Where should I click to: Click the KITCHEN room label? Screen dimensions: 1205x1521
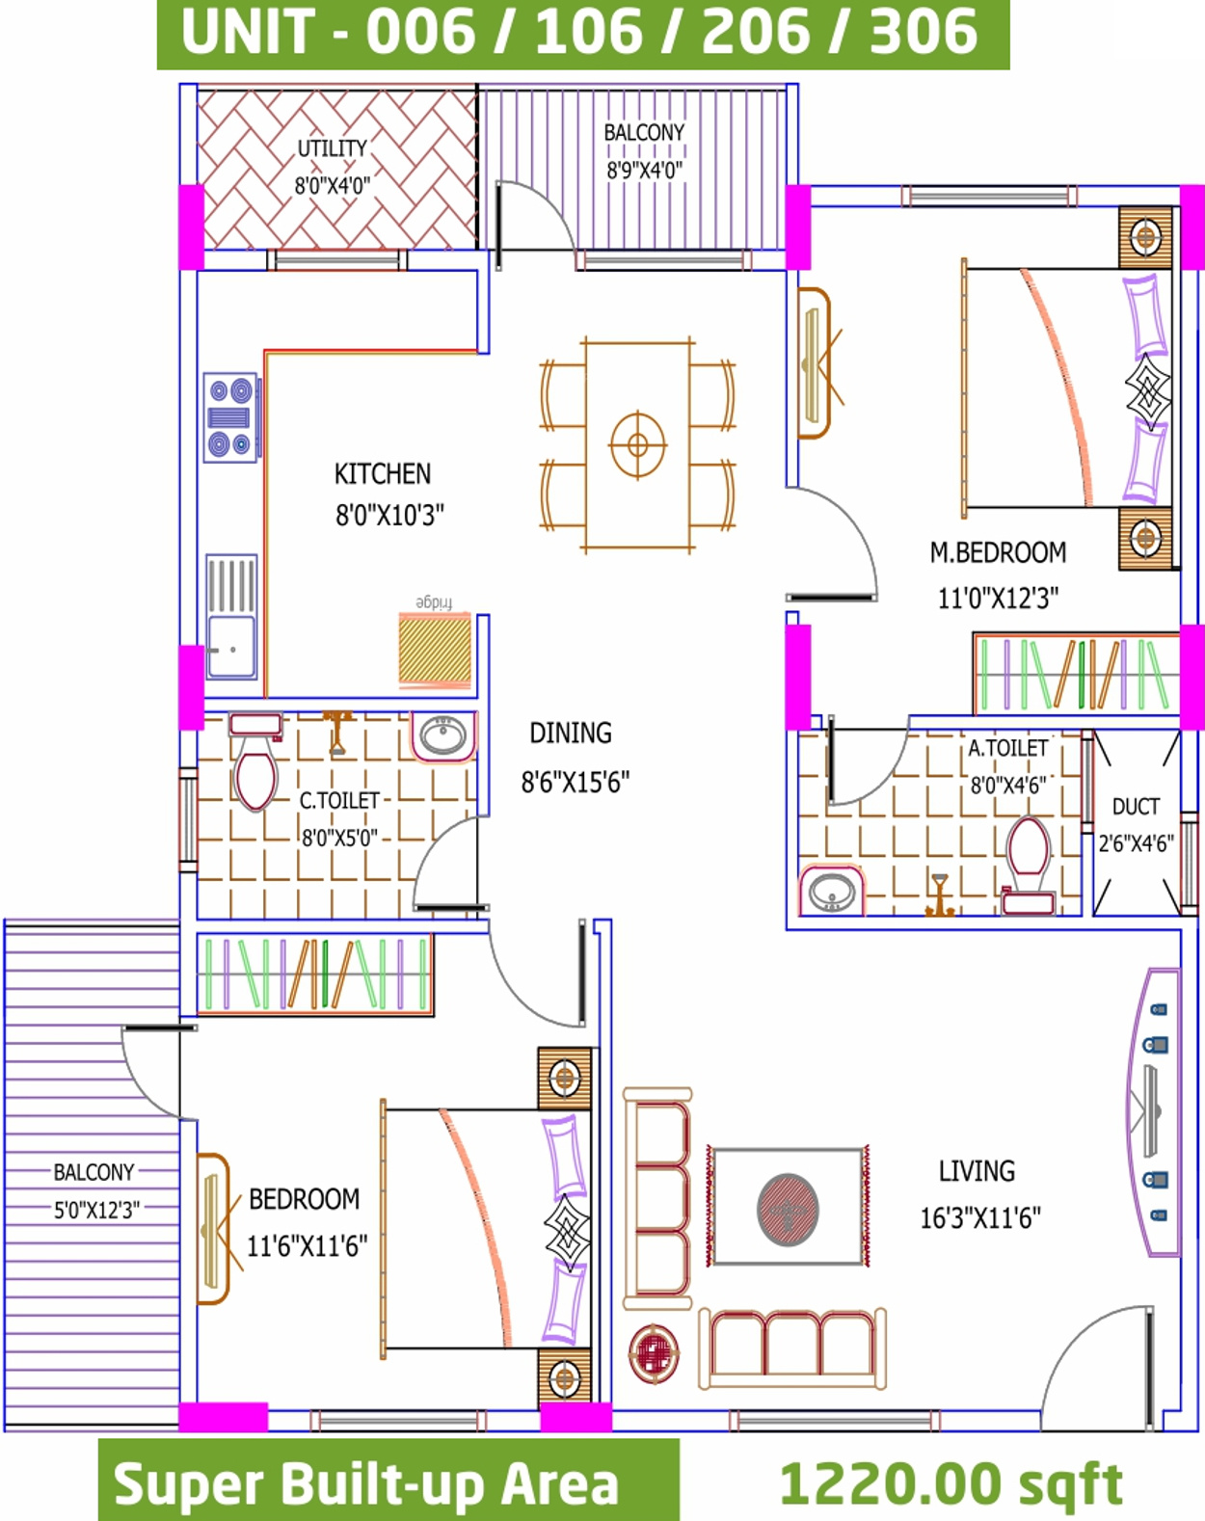pos(383,473)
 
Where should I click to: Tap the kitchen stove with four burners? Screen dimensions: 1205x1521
pos(230,417)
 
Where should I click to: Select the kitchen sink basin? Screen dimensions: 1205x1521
pos(231,646)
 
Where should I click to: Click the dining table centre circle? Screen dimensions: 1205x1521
pos(638,445)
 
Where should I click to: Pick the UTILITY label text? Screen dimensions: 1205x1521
pos(332,148)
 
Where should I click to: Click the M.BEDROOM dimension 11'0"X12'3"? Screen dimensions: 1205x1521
pos(998,599)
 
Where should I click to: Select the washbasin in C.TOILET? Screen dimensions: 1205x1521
pos(443,736)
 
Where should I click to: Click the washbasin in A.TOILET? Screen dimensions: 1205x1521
pos(832,892)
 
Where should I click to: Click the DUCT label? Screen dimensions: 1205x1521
pos(1136,807)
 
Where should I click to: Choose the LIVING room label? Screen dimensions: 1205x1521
pos(977,1172)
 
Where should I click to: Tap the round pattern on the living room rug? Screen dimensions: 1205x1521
pos(788,1210)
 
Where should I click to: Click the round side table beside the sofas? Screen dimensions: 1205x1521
pos(655,1353)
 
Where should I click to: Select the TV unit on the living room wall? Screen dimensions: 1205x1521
pos(1153,1112)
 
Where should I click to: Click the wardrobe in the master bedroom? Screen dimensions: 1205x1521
pos(1077,674)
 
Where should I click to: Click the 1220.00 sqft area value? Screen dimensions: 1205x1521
pos(951,1485)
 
